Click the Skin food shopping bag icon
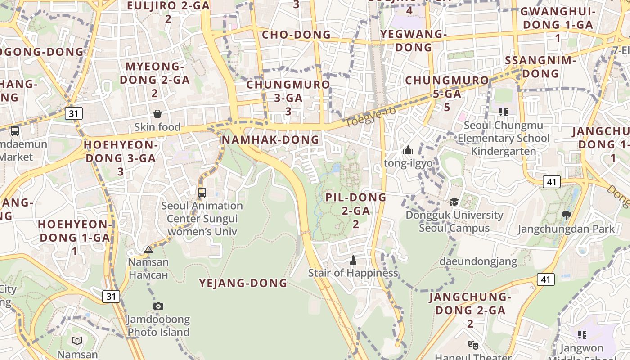pyautogui.click(x=157, y=114)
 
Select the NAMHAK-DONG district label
pyautogui.click(x=270, y=140)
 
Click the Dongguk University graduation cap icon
pyautogui.click(x=454, y=202)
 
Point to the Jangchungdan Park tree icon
pyautogui.click(x=567, y=216)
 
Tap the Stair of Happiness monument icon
pyautogui.click(x=353, y=260)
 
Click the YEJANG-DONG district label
pyautogui.click(x=243, y=283)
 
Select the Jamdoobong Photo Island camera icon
pyautogui.click(x=158, y=306)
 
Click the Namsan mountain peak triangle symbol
pyautogui.click(x=148, y=249)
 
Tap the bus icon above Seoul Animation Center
pyautogui.click(x=202, y=193)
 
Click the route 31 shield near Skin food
pyautogui.click(x=73, y=113)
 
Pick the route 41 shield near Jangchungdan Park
pyautogui.click(x=551, y=182)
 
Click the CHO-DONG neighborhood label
pyautogui.click(x=296, y=35)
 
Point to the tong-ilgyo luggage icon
pyautogui.click(x=408, y=150)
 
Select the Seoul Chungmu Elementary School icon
pyautogui.click(x=503, y=112)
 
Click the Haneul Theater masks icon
pyautogui.click(x=473, y=345)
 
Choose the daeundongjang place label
pyautogui.click(x=478, y=261)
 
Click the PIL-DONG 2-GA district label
pyautogui.click(x=356, y=210)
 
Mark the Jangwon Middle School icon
pyautogui.click(x=582, y=334)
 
